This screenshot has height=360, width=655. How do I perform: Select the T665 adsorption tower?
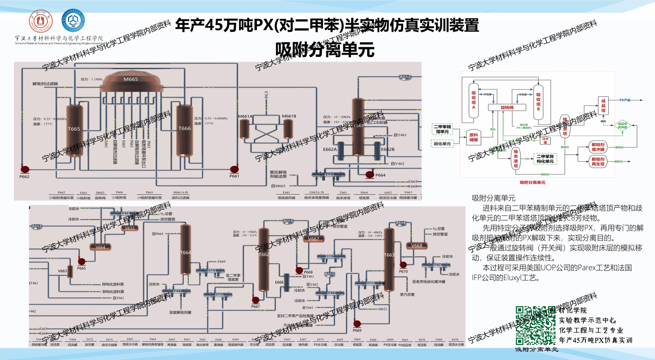tap(74, 130)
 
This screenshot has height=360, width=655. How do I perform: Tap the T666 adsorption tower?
tap(184, 130)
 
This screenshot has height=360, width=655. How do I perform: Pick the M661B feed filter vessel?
tap(288, 129)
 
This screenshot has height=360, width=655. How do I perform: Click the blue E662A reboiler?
tap(341, 151)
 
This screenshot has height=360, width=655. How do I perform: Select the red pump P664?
tap(370, 174)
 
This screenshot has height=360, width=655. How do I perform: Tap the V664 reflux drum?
tap(100, 247)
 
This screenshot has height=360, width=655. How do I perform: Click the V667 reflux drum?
tap(314, 239)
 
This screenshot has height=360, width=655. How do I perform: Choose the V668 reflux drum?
tap(417, 246)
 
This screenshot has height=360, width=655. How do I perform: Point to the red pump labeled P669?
tap(357, 324)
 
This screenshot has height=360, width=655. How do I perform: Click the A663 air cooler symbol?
tap(288, 221)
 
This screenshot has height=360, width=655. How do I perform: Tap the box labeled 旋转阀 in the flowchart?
tap(507, 108)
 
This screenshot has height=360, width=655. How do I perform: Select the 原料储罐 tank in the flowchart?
tap(473, 137)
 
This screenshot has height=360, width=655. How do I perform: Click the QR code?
tap(535, 326)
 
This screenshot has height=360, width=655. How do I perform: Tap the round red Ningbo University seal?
tap(41, 22)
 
